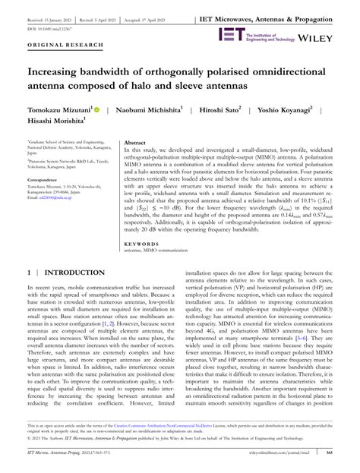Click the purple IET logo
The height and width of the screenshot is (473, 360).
pos(230,33)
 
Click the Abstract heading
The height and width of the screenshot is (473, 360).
pos(135,142)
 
